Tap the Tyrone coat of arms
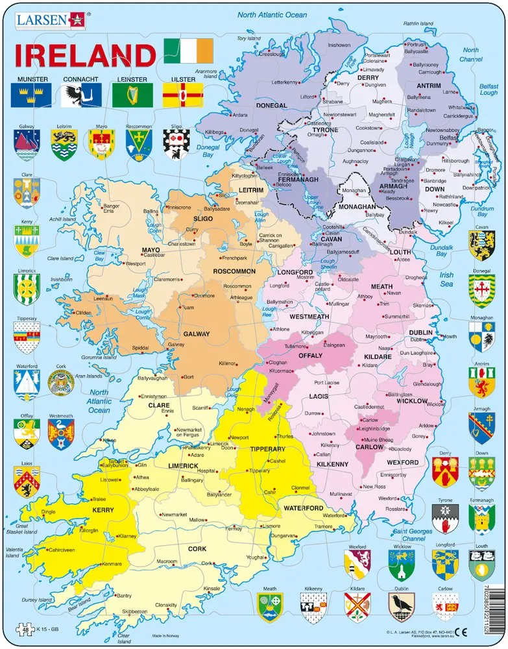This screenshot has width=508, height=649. [x=445, y=517]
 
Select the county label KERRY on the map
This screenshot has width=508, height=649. [x=103, y=510]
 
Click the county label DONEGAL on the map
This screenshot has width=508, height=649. [x=272, y=105]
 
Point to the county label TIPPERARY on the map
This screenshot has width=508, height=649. [x=267, y=448]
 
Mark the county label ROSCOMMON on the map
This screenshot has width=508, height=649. [x=234, y=271]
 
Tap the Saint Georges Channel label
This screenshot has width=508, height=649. [x=409, y=535]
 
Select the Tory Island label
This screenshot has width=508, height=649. [x=249, y=38]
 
